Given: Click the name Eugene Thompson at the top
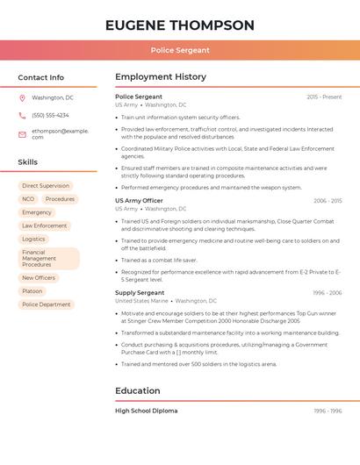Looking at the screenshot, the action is point(180,25).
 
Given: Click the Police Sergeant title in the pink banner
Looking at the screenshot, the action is point(180,50).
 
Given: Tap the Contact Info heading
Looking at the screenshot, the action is point(40,77).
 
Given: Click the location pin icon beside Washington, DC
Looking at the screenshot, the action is point(22,97).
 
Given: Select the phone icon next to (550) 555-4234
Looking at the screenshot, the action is point(22,115).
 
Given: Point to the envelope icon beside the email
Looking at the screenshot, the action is point(22,133).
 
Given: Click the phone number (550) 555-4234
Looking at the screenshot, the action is point(50,115).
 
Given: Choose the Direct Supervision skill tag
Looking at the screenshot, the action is point(46,186).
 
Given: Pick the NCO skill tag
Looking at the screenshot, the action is point(28,199).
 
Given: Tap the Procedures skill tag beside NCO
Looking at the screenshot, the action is point(60,199).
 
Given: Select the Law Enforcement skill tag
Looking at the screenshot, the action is point(44,225).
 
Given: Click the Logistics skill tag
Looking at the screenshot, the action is point(33,239).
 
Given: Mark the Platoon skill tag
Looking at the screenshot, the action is point(32,291).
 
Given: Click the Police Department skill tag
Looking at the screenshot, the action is point(47,304).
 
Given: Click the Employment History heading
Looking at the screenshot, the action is point(161,77).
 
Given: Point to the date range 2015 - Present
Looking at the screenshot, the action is point(324,97).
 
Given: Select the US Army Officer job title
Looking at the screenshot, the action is point(139,201).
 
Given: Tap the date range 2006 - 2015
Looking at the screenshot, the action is point(328,201).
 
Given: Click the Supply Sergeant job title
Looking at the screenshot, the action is point(140,292).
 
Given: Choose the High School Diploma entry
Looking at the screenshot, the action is point(147,411).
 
